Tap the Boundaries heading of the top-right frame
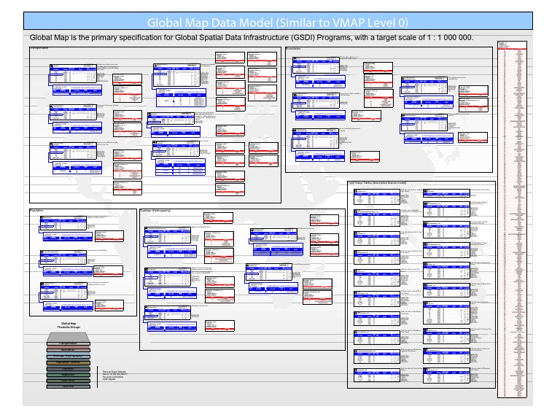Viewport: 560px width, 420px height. pos(295,48)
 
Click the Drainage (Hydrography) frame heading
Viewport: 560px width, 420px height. pos(155,210)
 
